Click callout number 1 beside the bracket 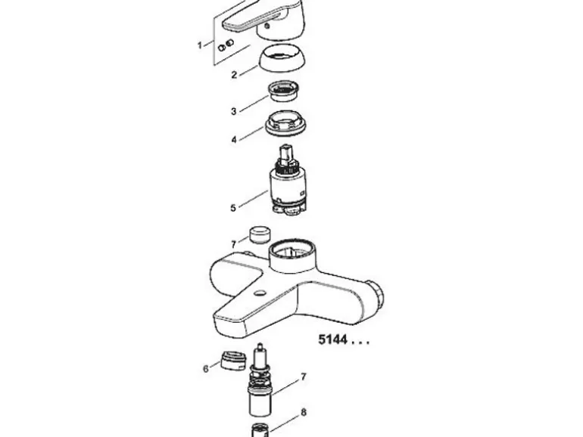[x=200, y=45]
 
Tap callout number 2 [x=234, y=75]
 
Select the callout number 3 [x=233, y=111]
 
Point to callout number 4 [x=234, y=140]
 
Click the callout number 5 [x=233, y=208]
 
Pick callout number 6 [x=206, y=369]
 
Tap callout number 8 [x=304, y=412]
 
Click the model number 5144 [x=333, y=339]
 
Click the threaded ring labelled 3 [x=285, y=91]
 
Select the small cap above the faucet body [x=260, y=234]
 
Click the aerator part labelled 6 [x=233, y=360]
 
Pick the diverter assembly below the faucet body [x=260, y=380]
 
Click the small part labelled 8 [x=260, y=430]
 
